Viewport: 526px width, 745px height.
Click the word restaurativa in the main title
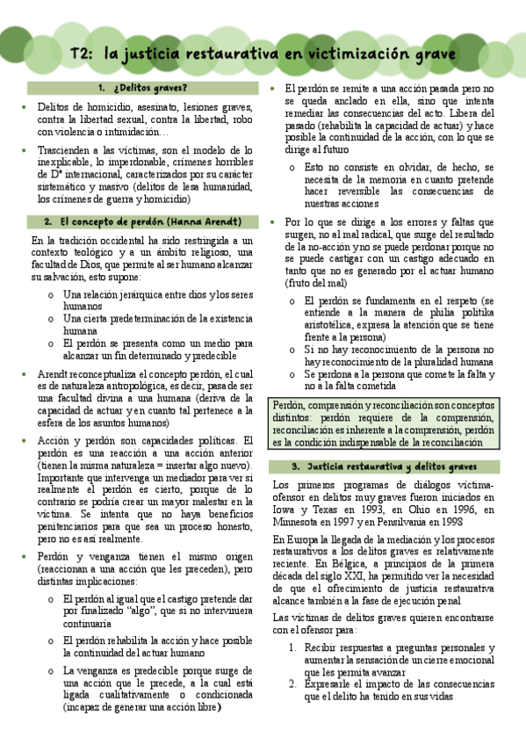[223, 54]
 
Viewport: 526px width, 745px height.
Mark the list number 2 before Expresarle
[293, 684]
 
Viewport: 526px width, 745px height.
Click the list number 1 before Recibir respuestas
[293, 647]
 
